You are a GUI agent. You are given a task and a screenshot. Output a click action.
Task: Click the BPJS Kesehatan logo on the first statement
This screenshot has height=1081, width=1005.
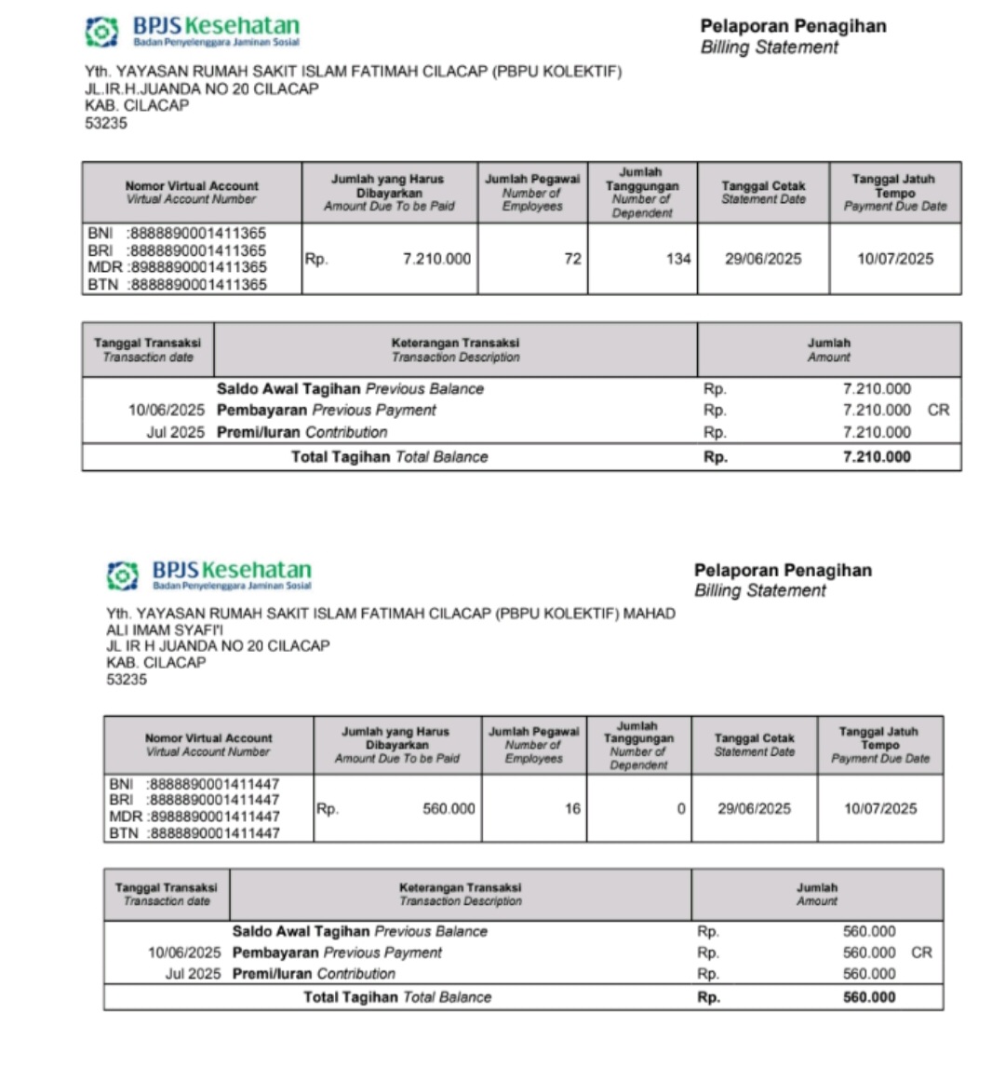[x=193, y=31]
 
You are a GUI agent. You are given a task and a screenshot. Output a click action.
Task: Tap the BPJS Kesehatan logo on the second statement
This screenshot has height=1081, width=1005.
[x=208, y=574]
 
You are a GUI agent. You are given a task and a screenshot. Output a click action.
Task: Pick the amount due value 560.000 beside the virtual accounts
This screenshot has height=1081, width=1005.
[x=449, y=808]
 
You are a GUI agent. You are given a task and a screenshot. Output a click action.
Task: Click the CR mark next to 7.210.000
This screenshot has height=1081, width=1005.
[x=938, y=410]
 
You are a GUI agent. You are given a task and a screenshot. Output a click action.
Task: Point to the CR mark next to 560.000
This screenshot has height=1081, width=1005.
[x=921, y=953]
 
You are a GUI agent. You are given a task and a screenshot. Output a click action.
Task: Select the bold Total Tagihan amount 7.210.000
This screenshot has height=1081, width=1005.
[x=877, y=456]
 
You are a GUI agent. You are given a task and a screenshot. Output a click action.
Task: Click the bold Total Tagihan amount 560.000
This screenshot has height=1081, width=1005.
[x=869, y=997]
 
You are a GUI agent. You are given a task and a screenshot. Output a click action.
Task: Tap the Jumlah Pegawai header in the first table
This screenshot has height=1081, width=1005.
[x=532, y=192]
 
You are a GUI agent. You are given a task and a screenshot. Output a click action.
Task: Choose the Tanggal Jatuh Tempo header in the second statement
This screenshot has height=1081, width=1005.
[x=880, y=745]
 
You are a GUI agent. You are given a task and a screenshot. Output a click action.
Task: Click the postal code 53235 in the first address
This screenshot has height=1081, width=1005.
[x=106, y=123]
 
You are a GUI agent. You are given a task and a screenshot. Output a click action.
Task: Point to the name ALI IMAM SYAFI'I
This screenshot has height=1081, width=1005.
[x=165, y=629]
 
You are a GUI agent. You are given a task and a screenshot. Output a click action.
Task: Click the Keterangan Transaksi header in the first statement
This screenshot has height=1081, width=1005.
[x=455, y=349]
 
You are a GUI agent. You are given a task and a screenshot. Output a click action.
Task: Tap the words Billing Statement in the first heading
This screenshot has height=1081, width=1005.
[x=770, y=47]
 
